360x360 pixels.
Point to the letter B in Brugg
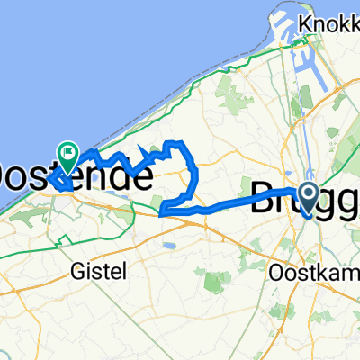click(x=260, y=198)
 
